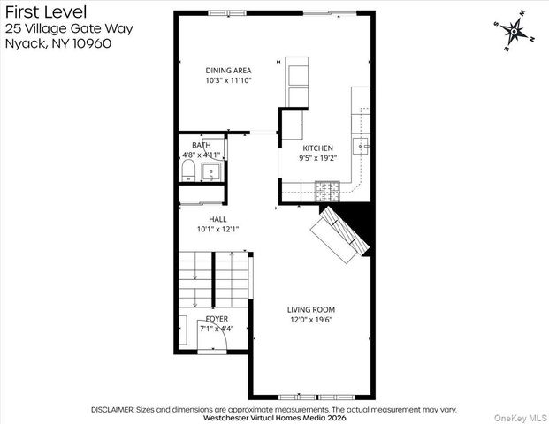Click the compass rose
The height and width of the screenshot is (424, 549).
(x=513, y=31)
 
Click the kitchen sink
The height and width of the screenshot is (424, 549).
(x=361, y=146)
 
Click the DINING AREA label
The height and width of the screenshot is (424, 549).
(x=229, y=70)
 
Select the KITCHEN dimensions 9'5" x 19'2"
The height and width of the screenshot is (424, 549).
(x=317, y=159)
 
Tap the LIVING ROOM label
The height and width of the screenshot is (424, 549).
(x=310, y=309)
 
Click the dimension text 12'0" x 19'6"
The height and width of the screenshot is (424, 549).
(x=310, y=320)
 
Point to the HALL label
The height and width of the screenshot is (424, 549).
(x=217, y=218)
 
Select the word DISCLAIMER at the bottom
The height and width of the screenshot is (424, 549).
(x=111, y=410)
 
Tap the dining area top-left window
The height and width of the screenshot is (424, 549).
(x=224, y=12)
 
